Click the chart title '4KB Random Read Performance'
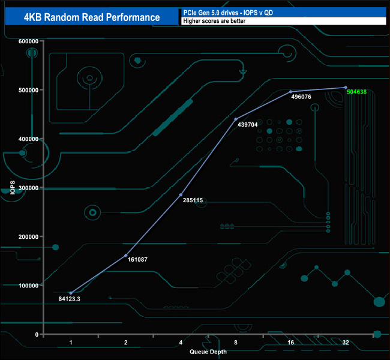pyautogui.click(x=92, y=17)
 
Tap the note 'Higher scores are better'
pyautogui.click(x=214, y=21)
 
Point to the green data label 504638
pyautogui.click(x=361, y=92)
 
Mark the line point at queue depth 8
pyautogui.click(x=236, y=119)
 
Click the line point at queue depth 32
pyautogui.click(x=346, y=88)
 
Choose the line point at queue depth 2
pyautogui.click(x=126, y=256)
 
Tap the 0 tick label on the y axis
pyautogui.click(x=37, y=334)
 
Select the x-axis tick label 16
pyautogui.click(x=290, y=343)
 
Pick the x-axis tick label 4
pyautogui.click(x=181, y=343)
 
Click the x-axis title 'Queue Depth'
pyautogui.click(x=208, y=352)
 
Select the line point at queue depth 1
pyautogui.click(x=71, y=293)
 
